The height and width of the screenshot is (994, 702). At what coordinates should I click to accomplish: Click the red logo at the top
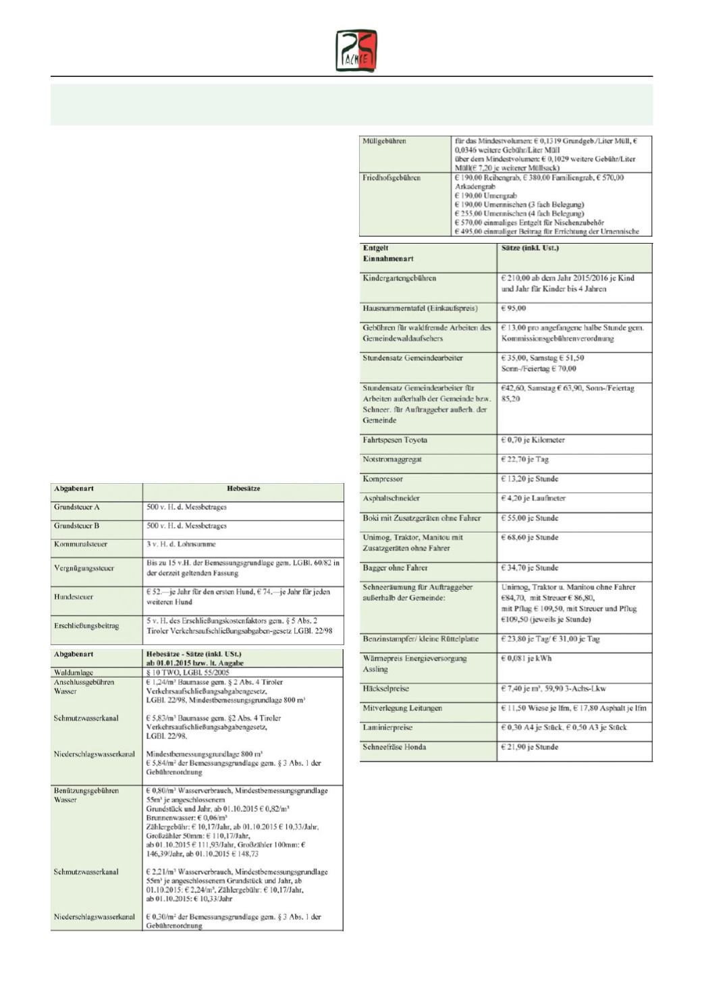coord(356,51)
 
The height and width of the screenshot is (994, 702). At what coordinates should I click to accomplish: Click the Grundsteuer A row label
coord(77,507)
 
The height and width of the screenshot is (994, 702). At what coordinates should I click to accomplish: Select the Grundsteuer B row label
coord(77,526)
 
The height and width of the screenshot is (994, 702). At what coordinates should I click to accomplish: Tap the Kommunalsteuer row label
coord(81,544)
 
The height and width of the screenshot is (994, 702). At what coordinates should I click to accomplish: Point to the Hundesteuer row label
coord(74,597)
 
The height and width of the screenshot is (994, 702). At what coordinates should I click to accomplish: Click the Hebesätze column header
coord(243,489)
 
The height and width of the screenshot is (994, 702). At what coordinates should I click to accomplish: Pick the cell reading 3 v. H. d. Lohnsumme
coord(182,544)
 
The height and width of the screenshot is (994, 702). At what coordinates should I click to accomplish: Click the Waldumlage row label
coord(74,673)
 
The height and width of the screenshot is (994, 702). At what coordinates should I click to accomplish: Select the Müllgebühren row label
coord(385,141)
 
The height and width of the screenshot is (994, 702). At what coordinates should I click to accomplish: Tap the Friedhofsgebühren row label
coord(391,177)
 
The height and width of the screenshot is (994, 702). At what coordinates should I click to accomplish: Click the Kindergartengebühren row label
coord(400,278)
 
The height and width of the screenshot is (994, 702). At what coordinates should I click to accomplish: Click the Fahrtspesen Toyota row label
coord(395,440)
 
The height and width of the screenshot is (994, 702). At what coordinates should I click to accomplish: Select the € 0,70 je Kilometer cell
coord(533,440)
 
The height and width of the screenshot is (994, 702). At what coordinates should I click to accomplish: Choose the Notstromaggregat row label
coord(392,460)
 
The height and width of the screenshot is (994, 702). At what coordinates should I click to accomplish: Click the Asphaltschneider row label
coord(391,499)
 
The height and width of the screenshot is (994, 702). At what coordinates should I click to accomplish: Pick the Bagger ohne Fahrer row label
coord(395,568)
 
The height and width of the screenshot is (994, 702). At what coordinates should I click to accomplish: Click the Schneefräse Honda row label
coord(394,747)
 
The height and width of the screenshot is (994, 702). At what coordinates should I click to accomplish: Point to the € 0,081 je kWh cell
coord(526,659)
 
